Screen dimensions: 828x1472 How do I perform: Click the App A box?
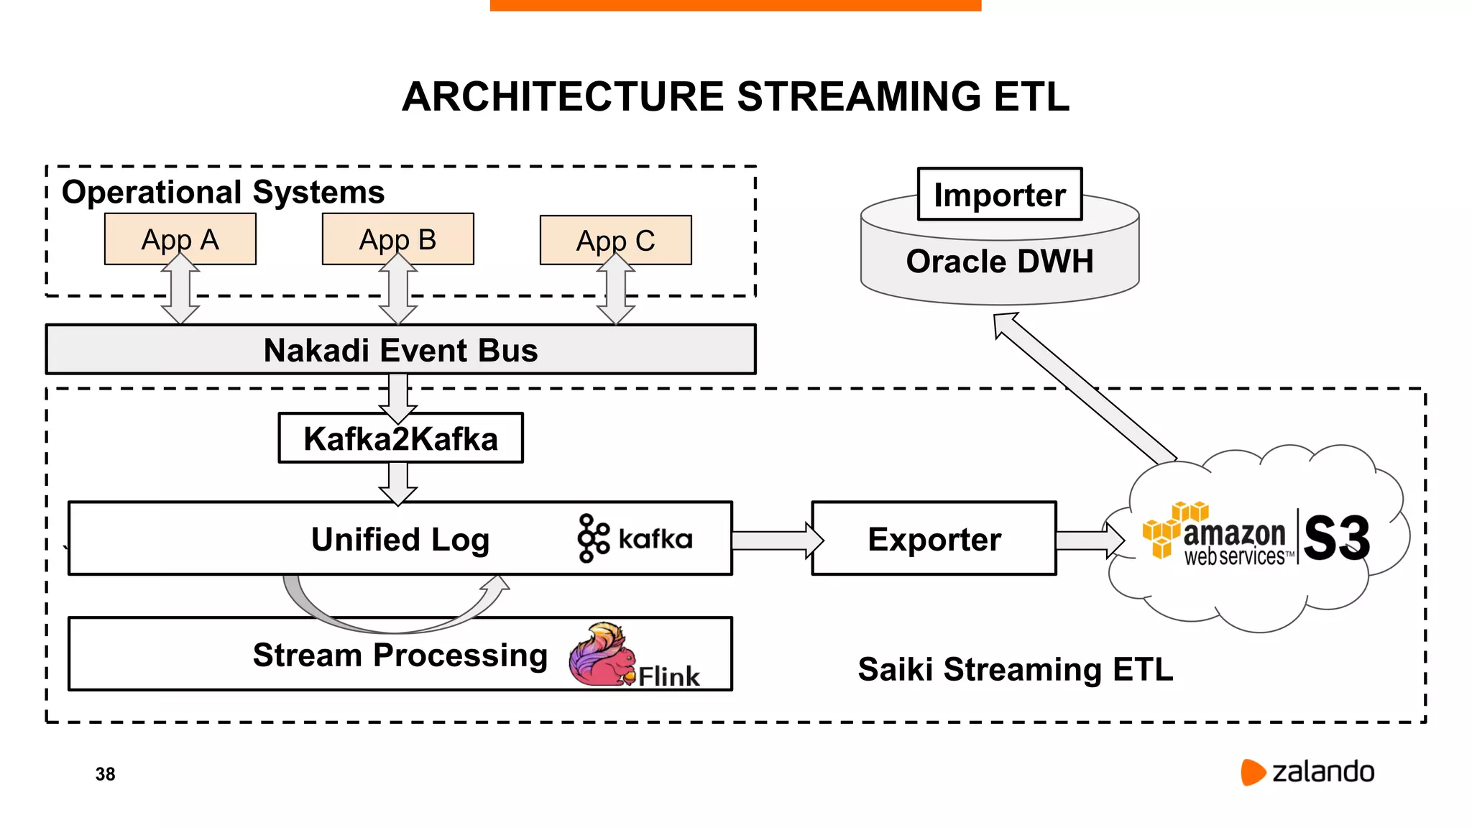(180, 239)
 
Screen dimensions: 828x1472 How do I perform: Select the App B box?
(397, 239)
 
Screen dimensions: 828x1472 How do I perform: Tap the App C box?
(615, 240)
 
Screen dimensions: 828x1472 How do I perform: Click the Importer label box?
(999, 195)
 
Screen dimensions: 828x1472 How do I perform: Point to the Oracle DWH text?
(999, 262)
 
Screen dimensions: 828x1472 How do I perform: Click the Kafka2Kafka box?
(400, 438)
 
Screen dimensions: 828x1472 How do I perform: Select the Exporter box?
(934, 539)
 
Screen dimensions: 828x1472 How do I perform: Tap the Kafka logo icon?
(593, 538)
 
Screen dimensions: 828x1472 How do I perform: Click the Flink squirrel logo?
(601, 655)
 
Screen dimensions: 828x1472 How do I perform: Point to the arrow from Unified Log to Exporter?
(776, 540)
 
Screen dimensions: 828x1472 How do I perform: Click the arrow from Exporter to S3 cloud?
(1088, 540)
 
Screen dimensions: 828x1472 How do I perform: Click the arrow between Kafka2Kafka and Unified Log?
(397, 483)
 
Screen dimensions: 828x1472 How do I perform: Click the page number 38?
(105, 774)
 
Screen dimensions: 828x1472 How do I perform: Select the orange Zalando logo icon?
(1252, 772)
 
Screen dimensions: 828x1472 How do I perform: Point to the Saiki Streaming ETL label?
(1015, 669)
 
